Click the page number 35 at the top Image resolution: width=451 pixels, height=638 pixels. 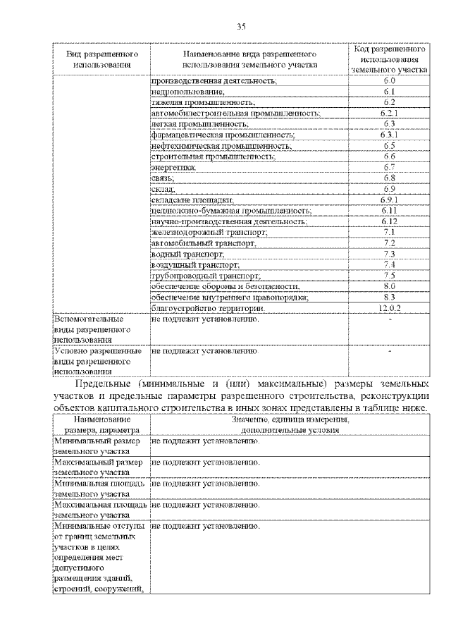pos(241,27)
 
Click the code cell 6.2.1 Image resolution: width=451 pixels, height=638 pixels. pos(389,113)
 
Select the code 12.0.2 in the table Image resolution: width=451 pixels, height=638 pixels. pos(389,308)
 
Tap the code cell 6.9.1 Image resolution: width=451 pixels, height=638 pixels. pos(389,200)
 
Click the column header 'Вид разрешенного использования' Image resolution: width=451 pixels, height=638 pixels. pos(101,59)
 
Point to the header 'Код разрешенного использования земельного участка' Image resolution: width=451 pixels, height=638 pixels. pos(389,59)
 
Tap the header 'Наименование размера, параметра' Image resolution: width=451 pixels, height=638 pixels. pos(98,423)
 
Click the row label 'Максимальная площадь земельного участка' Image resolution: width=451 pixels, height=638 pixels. pos(99,510)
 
